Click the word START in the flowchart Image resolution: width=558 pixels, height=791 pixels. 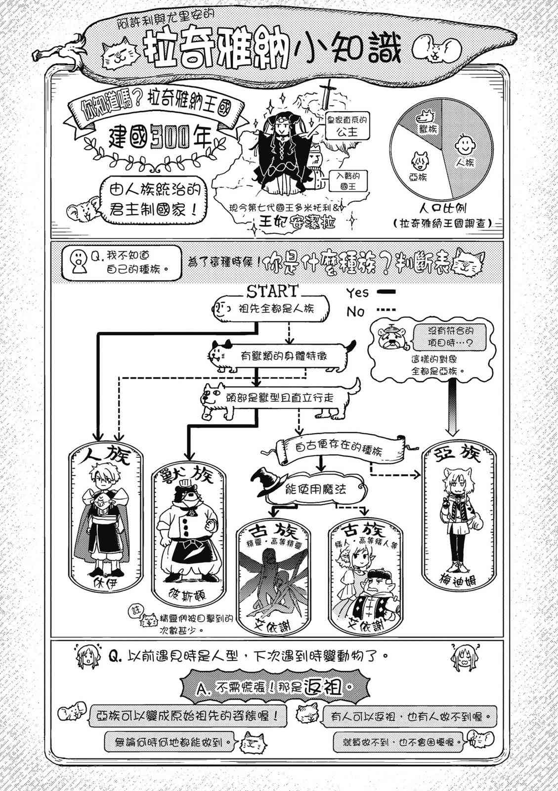tap(272, 290)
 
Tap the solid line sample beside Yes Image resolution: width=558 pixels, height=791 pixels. tap(386, 292)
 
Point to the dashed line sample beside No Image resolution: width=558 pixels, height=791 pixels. tap(386, 310)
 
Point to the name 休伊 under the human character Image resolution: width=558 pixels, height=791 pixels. tap(106, 582)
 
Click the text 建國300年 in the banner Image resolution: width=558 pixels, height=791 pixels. tap(160, 139)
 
